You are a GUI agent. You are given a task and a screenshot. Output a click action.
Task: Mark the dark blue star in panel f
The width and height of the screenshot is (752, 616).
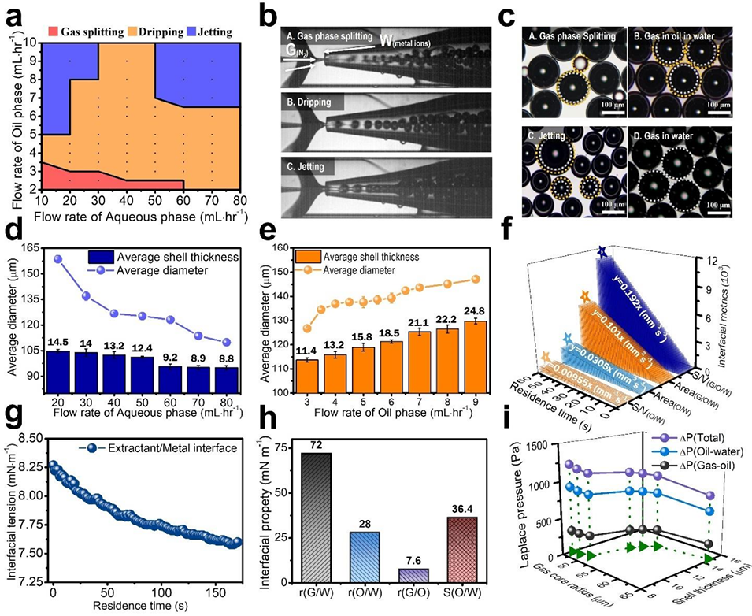point(602,252)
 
